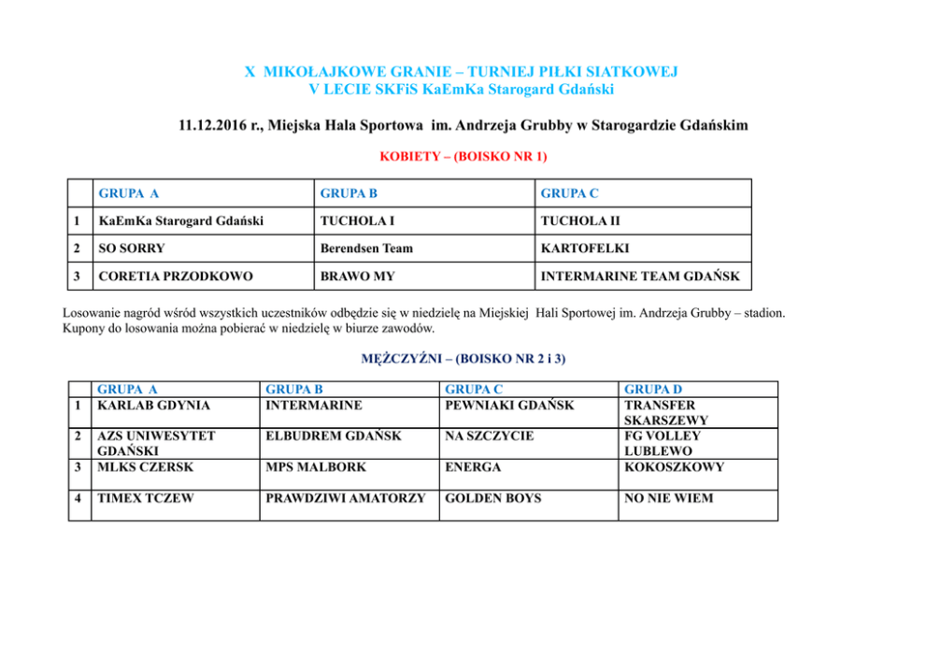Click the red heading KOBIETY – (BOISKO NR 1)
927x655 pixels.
(x=463, y=157)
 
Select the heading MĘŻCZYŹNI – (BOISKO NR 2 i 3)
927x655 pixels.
(x=463, y=358)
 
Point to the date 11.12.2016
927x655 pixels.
(x=214, y=125)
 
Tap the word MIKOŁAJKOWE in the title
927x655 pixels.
(x=313, y=71)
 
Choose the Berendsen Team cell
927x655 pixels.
(x=366, y=249)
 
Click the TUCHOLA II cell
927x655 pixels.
(x=580, y=221)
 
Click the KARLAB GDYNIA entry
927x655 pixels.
(x=153, y=406)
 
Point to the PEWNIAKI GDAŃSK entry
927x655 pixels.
(x=509, y=406)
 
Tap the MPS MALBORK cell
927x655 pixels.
(x=316, y=467)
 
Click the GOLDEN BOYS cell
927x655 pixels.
(x=492, y=498)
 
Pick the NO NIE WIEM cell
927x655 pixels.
(x=668, y=498)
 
